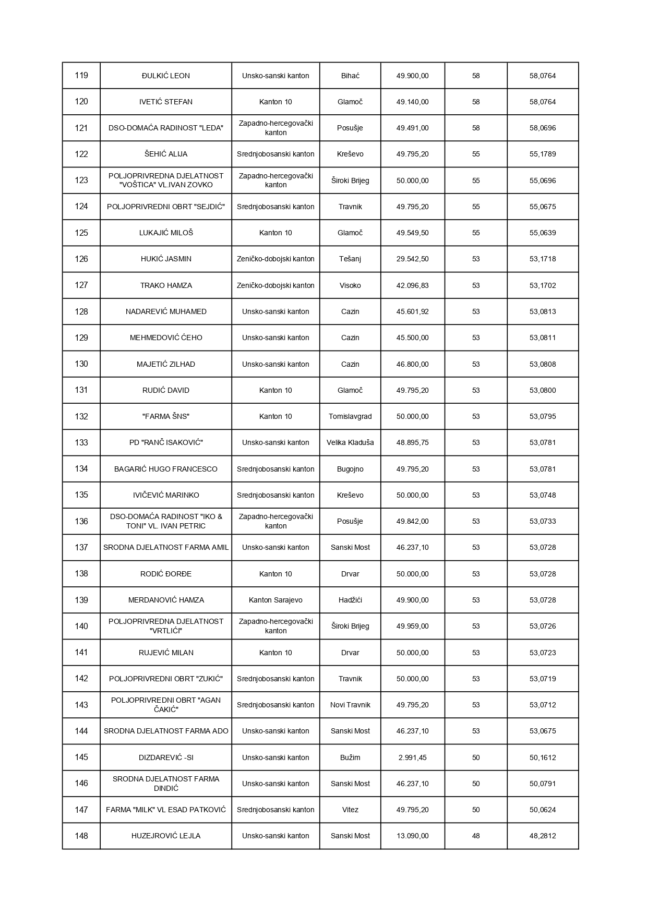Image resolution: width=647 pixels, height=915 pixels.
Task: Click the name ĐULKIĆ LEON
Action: [x=166, y=76]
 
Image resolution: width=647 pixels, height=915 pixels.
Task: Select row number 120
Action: [x=81, y=102]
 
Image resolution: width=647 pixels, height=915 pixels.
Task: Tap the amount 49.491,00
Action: [x=412, y=128]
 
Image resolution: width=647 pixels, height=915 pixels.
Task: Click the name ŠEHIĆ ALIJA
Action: [x=166, y=154]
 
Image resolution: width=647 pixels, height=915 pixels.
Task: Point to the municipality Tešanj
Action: [x=350, y=259]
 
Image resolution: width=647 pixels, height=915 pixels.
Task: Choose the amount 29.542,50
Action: [x=412, y=259]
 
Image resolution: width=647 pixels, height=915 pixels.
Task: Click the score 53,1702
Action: [x=543, y=285]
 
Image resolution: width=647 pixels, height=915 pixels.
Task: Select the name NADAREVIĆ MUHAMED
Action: [x=166, y=311]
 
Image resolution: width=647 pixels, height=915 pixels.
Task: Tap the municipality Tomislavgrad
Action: [x=350, y=416]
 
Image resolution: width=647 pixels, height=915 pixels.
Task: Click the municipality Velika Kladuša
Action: [x=350, y=442]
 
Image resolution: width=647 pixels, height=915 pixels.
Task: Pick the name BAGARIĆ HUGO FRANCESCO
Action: [x=166, y=469]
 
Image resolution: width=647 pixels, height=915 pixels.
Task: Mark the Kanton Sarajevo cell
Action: [x=275, y=600]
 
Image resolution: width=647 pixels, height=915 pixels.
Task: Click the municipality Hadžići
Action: [x=350, y=600]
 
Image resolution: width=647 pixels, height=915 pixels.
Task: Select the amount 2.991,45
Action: [x=412, y=757]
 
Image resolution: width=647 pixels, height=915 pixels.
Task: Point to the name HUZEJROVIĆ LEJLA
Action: [x=166, y=836]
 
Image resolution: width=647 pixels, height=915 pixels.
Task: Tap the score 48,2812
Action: [x=543, y=836]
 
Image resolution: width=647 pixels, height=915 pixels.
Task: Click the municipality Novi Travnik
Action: [x=350, y=705]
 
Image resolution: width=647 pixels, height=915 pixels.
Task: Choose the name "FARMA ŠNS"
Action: [x=166, y=416]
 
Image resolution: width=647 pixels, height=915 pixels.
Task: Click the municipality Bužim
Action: [x=350, y=757]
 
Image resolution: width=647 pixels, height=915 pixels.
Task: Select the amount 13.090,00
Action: [x=412, y=836]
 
